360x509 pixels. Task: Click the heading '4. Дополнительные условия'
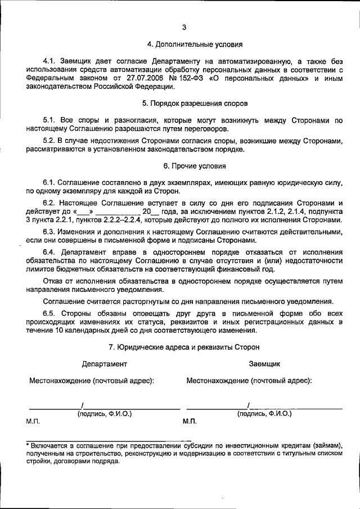point(195,43)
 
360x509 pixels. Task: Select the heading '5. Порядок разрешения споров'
point(195,103)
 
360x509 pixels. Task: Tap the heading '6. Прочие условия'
point(195,166)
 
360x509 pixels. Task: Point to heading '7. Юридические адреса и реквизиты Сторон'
point(195,348)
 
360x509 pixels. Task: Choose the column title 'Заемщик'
point(264,364)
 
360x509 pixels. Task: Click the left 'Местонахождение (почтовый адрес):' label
point(91,381)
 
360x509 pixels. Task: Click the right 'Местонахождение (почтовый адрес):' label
point(249,381)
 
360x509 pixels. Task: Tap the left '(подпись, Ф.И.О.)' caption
point(104,413)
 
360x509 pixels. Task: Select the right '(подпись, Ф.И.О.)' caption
point(264,413)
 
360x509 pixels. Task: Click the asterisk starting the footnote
point(29,444)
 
